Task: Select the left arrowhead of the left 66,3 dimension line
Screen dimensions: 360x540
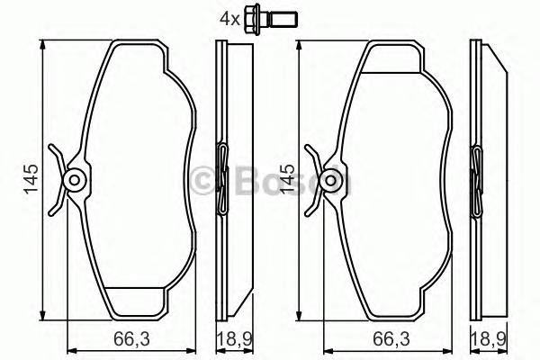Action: click(x=72, y=351)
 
